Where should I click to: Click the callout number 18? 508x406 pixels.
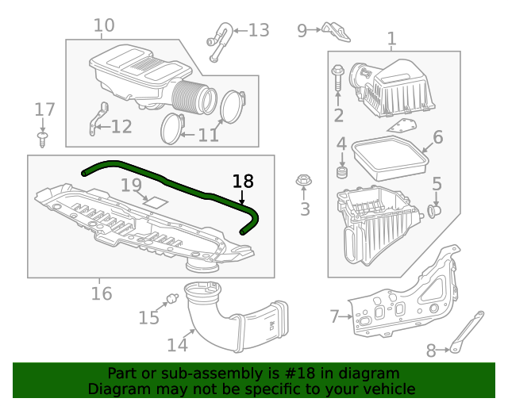point(242,181)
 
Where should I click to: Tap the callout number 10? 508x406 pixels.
point(104,25)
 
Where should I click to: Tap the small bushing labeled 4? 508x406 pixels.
point(343,173)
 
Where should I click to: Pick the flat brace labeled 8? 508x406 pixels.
point(465,331)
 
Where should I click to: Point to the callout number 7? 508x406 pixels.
point(334,317)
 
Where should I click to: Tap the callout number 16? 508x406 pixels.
point(101,294)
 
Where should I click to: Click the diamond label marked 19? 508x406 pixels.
point(155,201)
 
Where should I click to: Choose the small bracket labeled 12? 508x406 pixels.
point(98,118)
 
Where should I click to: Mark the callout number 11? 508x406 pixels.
point(208,136)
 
